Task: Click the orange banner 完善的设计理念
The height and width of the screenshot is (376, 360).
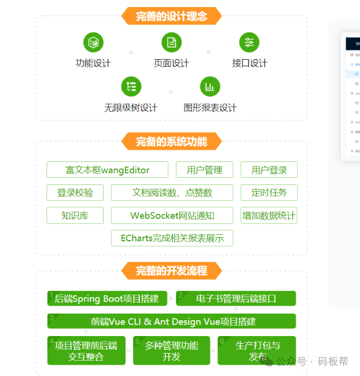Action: (172, 16)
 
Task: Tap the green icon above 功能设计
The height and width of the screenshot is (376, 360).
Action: (93, 42)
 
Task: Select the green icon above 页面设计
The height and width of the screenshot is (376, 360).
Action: (172, 42)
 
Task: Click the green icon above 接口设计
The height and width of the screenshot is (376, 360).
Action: (249, 42)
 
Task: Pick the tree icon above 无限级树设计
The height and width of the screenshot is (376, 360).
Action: (131, 86)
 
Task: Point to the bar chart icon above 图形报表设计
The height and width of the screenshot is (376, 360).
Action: (210, 86)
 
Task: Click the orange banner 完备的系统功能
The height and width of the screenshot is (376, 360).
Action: (172, 142)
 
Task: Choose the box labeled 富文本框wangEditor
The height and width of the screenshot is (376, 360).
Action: (107, 170)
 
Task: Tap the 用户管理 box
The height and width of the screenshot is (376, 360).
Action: (204, 170)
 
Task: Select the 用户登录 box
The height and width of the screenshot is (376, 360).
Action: (269, 170)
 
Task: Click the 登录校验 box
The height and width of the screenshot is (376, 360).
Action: (75, 193)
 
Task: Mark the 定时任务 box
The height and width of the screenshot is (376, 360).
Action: (269, 193)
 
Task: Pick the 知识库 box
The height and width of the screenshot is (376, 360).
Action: (75, 216)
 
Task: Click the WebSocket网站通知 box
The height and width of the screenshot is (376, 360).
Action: (172, 216)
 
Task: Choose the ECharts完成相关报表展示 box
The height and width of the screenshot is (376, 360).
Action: (172, 238)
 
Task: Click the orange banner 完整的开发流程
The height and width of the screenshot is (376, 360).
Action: (172, 270)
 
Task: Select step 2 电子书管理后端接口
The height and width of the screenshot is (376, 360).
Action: (236, 298)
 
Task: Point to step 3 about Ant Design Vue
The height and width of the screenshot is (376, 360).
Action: (172, 321)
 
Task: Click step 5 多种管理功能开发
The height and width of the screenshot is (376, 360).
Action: (172, 351)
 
